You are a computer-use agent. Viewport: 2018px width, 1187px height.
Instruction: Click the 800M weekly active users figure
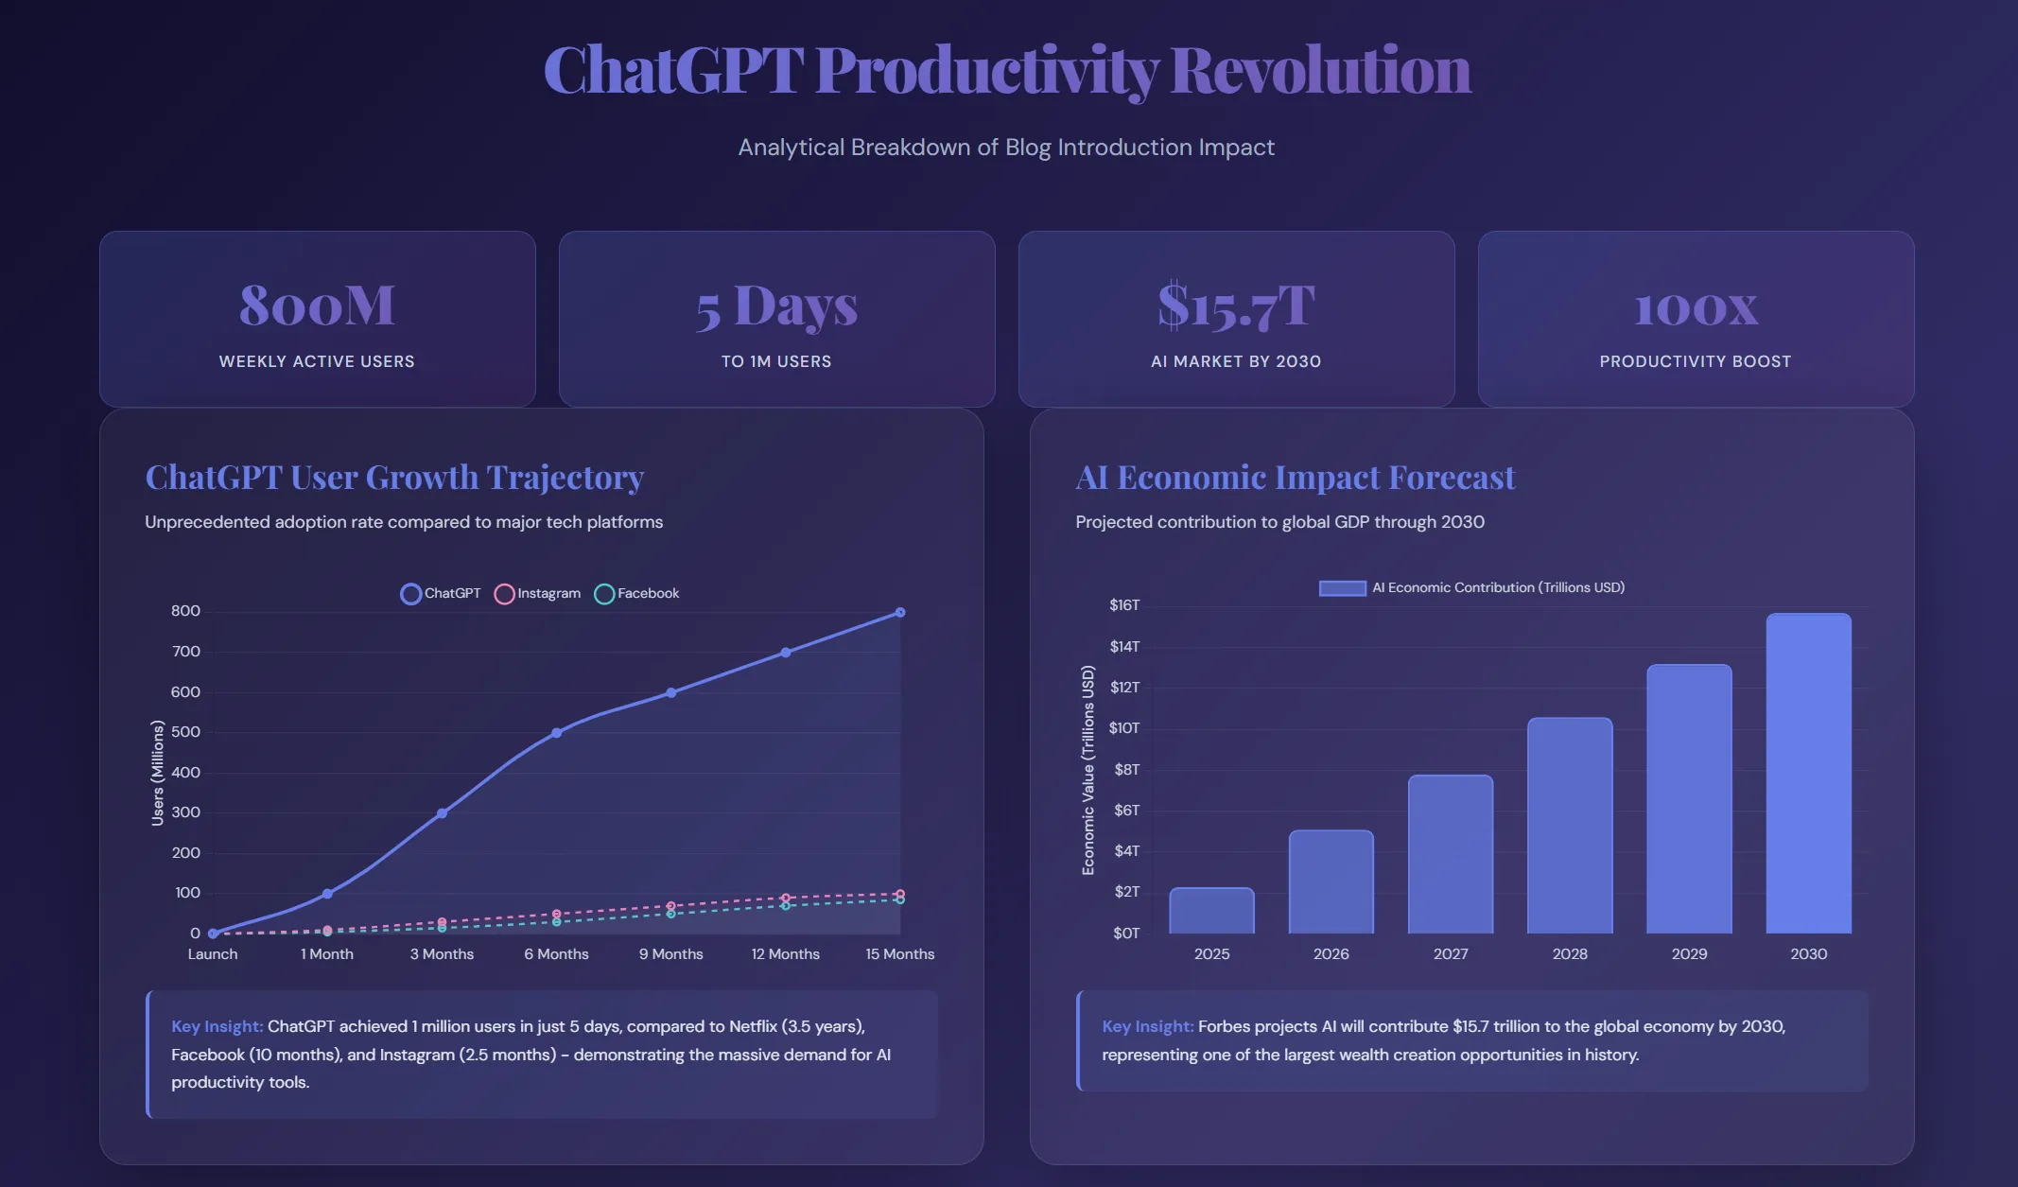[317, 305]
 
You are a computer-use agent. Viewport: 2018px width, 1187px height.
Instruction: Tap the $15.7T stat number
[1236, 305]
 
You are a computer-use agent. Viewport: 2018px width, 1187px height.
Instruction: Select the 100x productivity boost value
[1696, 308]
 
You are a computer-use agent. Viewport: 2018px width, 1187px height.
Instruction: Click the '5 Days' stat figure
[776, 306]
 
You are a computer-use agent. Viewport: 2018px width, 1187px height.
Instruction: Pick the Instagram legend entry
[537, 593]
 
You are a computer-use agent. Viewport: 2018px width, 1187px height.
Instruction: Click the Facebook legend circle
[604, 594]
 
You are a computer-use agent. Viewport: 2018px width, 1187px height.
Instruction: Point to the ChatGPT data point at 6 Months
[556, 733]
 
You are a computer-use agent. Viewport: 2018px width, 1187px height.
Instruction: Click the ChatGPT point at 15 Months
[900, 613]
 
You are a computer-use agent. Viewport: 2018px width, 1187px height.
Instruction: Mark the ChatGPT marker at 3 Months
[442, 813]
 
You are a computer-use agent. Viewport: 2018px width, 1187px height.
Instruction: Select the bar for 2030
[1808, 774]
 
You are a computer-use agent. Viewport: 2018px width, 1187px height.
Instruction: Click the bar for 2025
[1211, 911]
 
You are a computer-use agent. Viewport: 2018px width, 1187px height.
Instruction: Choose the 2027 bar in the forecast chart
[1451, 854]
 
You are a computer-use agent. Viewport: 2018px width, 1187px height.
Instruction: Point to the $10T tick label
[1124, 728]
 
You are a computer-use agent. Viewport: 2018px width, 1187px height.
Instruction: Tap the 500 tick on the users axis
[185, 732]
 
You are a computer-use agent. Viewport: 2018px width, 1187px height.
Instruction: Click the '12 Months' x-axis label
[785, 954]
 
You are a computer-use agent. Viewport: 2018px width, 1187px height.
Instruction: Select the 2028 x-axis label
[1570, 954]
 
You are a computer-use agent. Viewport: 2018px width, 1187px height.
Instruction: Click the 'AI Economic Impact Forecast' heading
[1296, 478]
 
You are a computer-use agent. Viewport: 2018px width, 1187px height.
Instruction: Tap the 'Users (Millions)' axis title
[158, 773]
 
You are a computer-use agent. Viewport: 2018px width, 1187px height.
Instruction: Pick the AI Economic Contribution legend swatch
[1343, 588]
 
